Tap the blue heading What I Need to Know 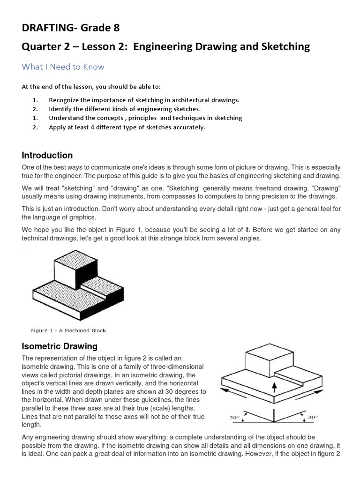click(x=63, y=67)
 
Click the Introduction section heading click(x=47, y=155)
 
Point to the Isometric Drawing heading click(x=60, y=346)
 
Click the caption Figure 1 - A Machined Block click(x=69, y=330)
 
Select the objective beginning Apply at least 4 click(x=127, y=127)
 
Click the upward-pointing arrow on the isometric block click(x=275, y=386)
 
